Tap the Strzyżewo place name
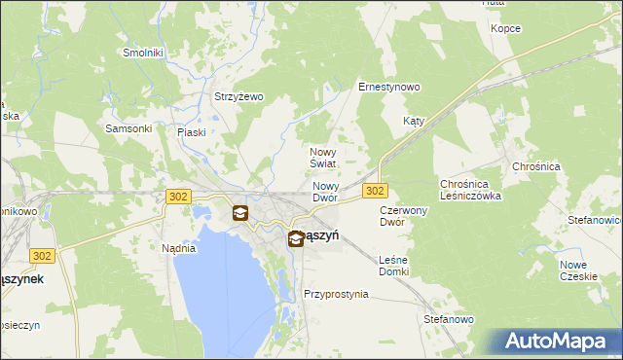239,96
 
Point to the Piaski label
192,132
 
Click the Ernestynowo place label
389,87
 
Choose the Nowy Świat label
323,158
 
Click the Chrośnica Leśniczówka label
470,189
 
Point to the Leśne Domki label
393,265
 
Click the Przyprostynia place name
336,293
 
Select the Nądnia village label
179,248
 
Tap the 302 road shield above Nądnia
177,197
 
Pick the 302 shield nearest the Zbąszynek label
41,256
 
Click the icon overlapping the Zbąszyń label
295,237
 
